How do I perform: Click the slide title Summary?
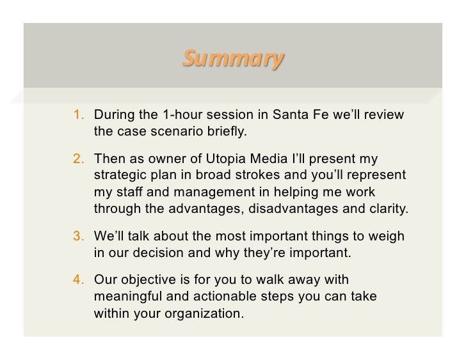[232, 59]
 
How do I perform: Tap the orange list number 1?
[78, 116]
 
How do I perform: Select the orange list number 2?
[78, 158]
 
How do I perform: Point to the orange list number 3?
[78, 236]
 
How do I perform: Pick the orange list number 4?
[78, 279]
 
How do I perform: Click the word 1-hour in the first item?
[184, 116]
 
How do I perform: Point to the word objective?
[148, 279]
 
